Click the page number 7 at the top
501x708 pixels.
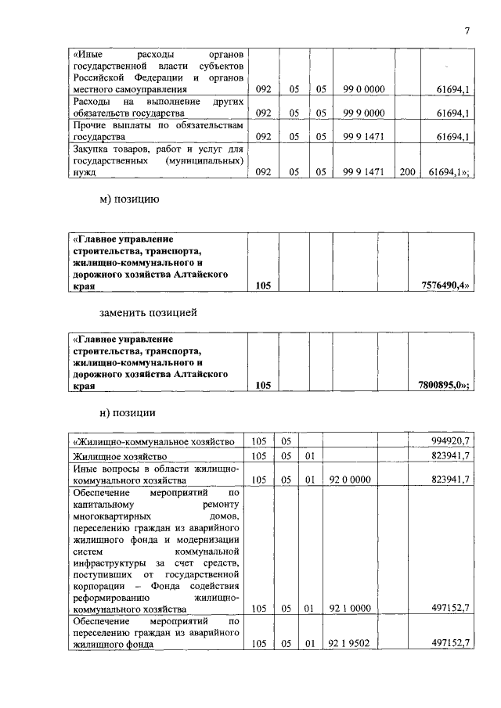pyautogui.click(x=467, y=31)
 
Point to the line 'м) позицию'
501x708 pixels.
pyautogui.click(x=129, y=200)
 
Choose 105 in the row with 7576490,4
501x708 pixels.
pyautogui.click(x=263, y=286)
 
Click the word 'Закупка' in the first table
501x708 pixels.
pyautogui.click(x=92, y=149)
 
